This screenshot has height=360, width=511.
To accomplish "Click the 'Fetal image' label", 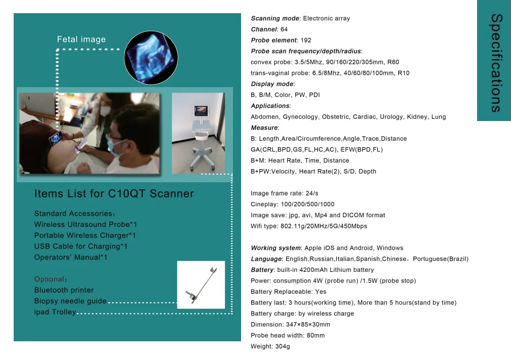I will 81,39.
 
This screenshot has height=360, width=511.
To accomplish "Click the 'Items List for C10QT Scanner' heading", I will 114,194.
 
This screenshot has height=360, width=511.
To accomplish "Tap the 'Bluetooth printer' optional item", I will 64,290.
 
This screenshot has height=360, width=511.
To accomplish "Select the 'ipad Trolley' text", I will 55,312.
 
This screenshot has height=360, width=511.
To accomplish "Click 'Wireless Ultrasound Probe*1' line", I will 86,224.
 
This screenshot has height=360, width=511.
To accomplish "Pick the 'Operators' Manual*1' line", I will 71,257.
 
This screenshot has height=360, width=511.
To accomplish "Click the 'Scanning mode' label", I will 275,19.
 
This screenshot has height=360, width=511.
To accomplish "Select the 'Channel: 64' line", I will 269,29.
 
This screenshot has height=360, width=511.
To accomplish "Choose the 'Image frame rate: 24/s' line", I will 284,193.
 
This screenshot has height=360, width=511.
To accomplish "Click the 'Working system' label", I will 276,248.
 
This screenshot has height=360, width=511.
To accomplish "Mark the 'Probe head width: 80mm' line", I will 288,335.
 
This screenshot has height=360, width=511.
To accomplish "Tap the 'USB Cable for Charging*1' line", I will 81,247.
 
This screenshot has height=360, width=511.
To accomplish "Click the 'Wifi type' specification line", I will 309,226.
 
